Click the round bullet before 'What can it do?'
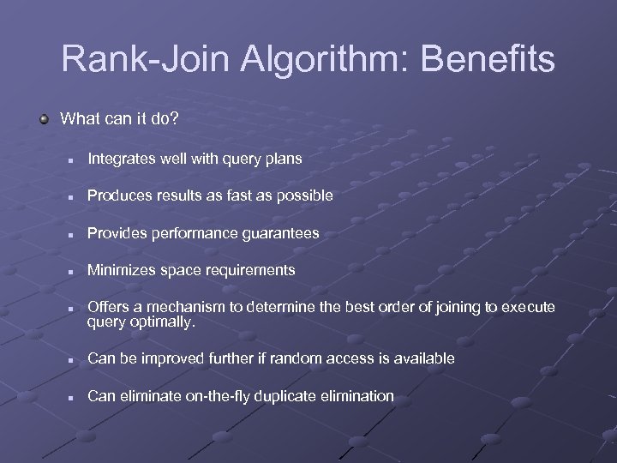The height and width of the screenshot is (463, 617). [45, 118]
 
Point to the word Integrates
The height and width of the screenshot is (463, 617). [121, 159]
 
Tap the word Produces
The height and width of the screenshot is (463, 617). [119, 195]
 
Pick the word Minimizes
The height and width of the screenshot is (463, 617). [121, 270]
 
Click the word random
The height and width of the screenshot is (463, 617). [291, 358]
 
